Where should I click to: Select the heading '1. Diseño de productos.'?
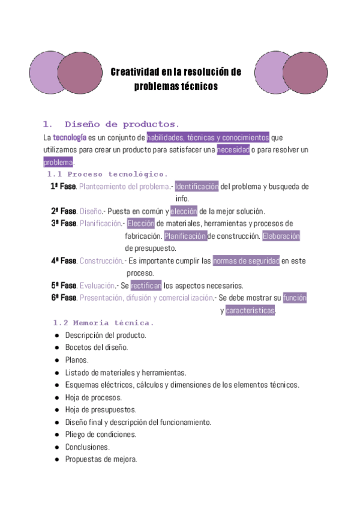pos(111,124)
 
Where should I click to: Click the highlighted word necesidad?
pos(233,149)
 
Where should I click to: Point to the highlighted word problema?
pos(58,162)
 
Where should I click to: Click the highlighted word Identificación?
pos(197,187)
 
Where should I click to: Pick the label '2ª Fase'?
pos(64,211)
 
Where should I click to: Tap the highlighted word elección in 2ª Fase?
pos(183,211)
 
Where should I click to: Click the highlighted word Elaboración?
pos(281,236)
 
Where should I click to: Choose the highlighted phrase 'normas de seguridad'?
pos(246,261)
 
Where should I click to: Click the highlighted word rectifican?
pos(146,286)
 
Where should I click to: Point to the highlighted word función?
pos(295,298)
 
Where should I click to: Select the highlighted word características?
pos(250,310)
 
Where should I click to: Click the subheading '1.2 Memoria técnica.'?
pos(104,323)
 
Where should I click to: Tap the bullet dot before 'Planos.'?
pos(56,360)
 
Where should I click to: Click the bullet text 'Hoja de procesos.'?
pos(93,397)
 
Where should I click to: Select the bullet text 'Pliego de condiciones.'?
pos(101,435)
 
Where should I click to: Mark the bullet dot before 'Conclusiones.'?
pos(56,447)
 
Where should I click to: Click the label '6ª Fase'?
pos(64,298)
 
